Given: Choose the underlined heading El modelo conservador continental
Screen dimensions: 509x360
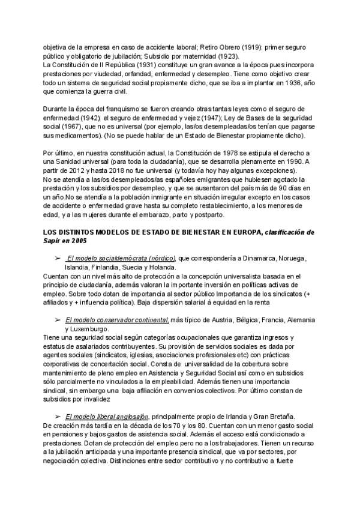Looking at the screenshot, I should [x=117, y=320].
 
